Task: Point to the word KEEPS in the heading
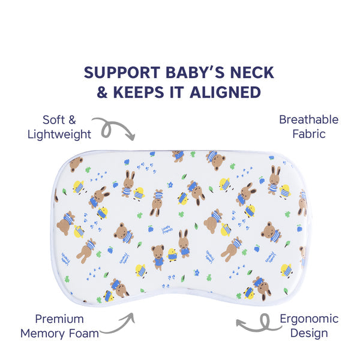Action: (137, 92)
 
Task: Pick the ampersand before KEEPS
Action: (104, 92)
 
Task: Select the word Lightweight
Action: (59, 134)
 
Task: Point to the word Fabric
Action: (309, 134)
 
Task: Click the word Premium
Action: (59, 319)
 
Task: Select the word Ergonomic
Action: (308, 319)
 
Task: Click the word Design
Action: (308, 333)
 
